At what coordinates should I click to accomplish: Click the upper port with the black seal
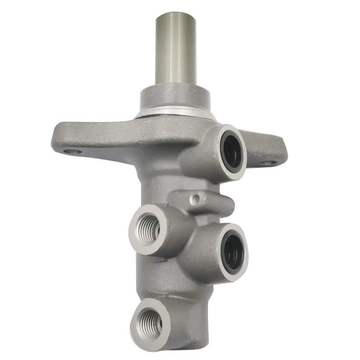click(233, 152)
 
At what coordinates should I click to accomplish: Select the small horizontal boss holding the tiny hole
click(211, 202)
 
